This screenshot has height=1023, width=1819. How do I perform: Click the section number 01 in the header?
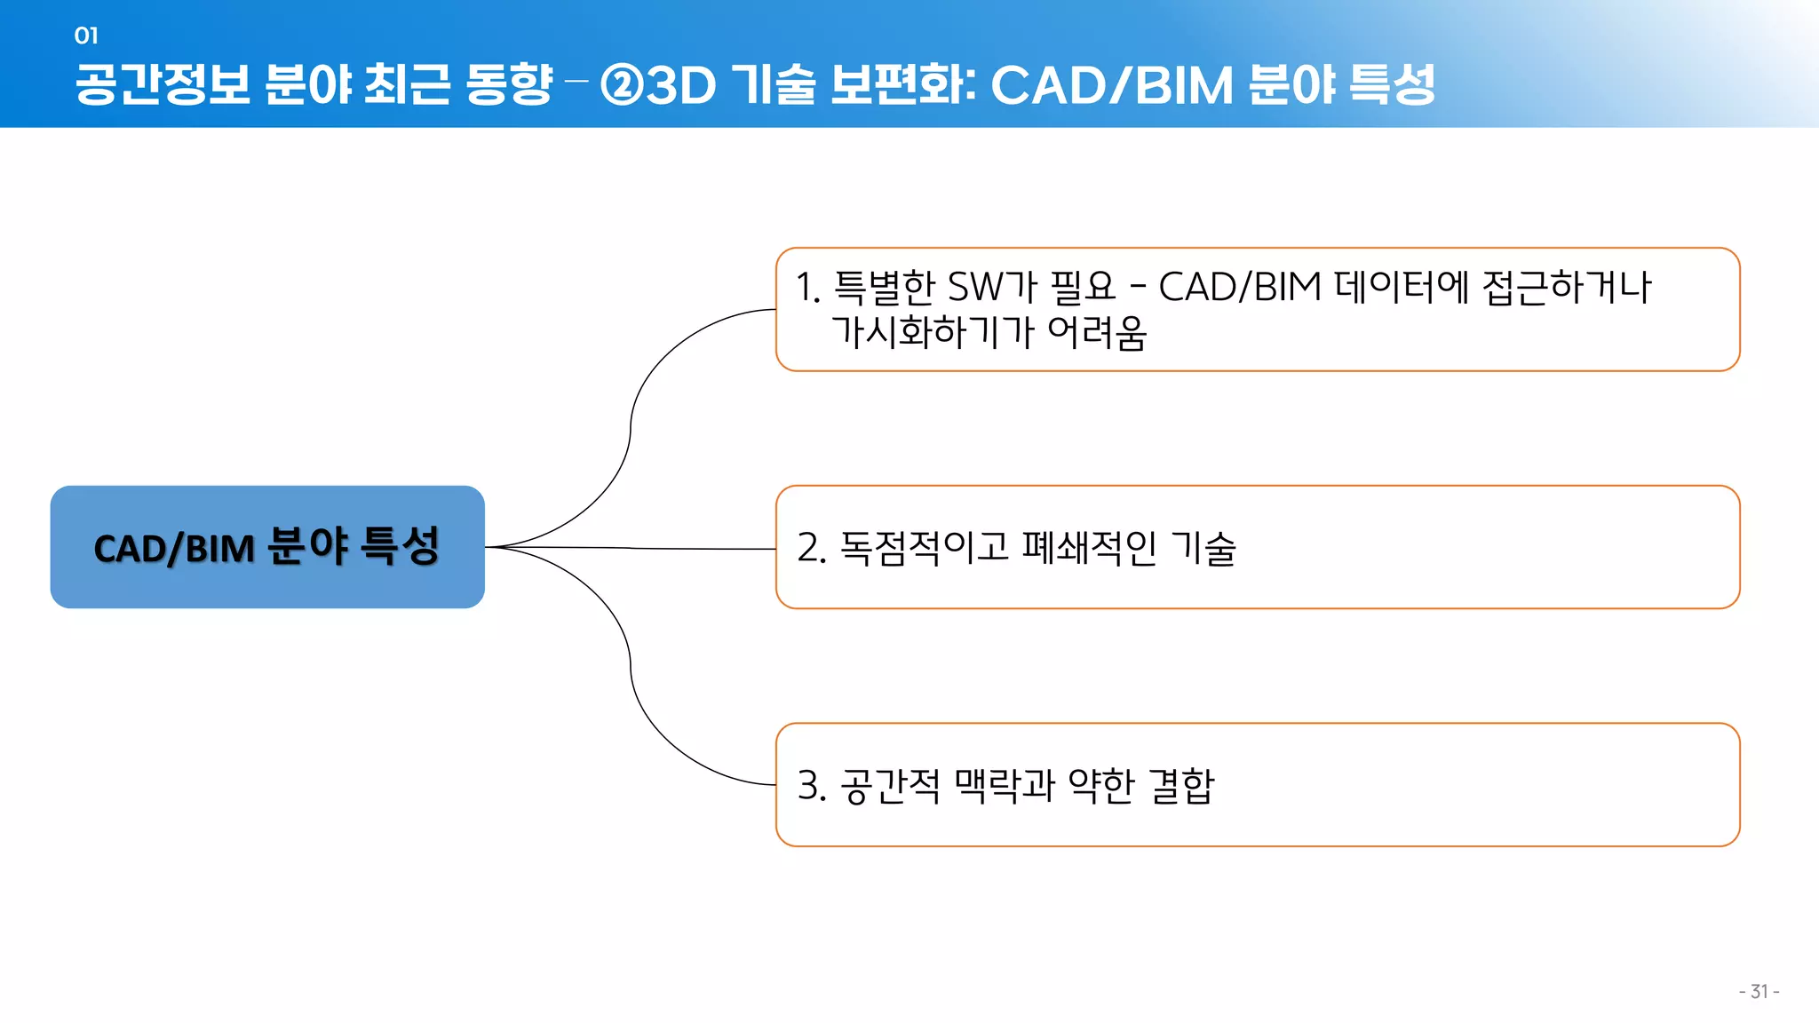tap(86, 36)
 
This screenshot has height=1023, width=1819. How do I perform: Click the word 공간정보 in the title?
tap(163, 85)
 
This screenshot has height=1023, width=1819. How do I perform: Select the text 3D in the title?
tap(681, 85)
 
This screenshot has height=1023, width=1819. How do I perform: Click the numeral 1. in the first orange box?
tap(807, 288)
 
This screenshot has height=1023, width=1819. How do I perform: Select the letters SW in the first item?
tap(975, 288)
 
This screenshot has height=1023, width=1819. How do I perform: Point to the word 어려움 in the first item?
tap(1098, 333)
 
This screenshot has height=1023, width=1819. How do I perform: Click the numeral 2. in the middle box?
tap(812, 548)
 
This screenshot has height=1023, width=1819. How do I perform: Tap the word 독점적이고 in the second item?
tap(925, 548)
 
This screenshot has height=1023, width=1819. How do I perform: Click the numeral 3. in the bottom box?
tap(812, 786)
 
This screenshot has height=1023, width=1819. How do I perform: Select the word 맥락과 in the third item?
tap(1005, 786)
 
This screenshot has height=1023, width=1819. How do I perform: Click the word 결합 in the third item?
tap(1181, 786)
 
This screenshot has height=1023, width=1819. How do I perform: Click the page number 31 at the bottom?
tap(1759, 992)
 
